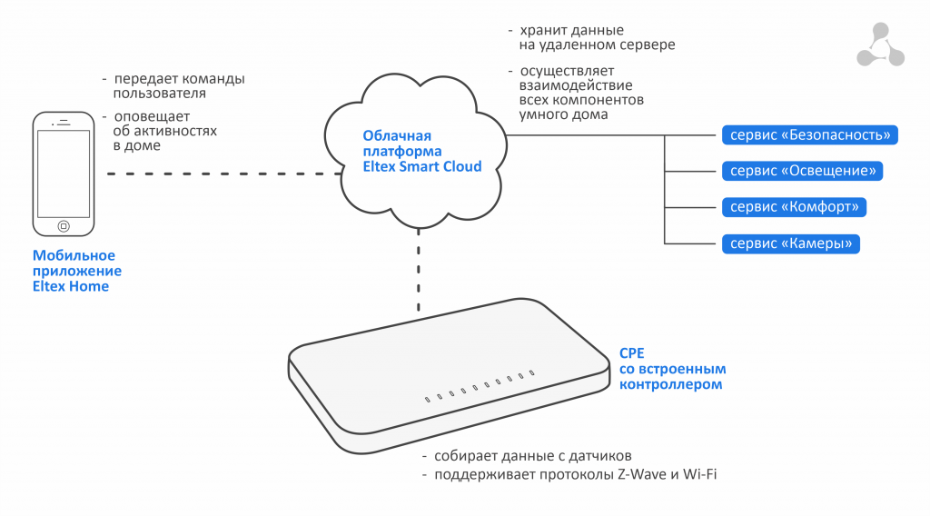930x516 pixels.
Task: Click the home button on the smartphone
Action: click(x=64, y=225)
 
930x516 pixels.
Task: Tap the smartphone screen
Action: click(x=64, y=174)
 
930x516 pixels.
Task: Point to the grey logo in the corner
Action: click(x=880, y=45)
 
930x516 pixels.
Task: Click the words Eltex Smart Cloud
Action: click(x=411, y=166)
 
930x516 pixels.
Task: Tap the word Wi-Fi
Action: click(x=698, y=474)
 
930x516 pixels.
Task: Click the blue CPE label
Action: click(x=631, y=354)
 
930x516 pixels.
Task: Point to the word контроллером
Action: click(x=670, y=384)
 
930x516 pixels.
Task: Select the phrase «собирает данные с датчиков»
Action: click(x=533, y=456)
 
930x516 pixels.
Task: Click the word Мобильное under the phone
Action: click(x=74, y=256)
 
